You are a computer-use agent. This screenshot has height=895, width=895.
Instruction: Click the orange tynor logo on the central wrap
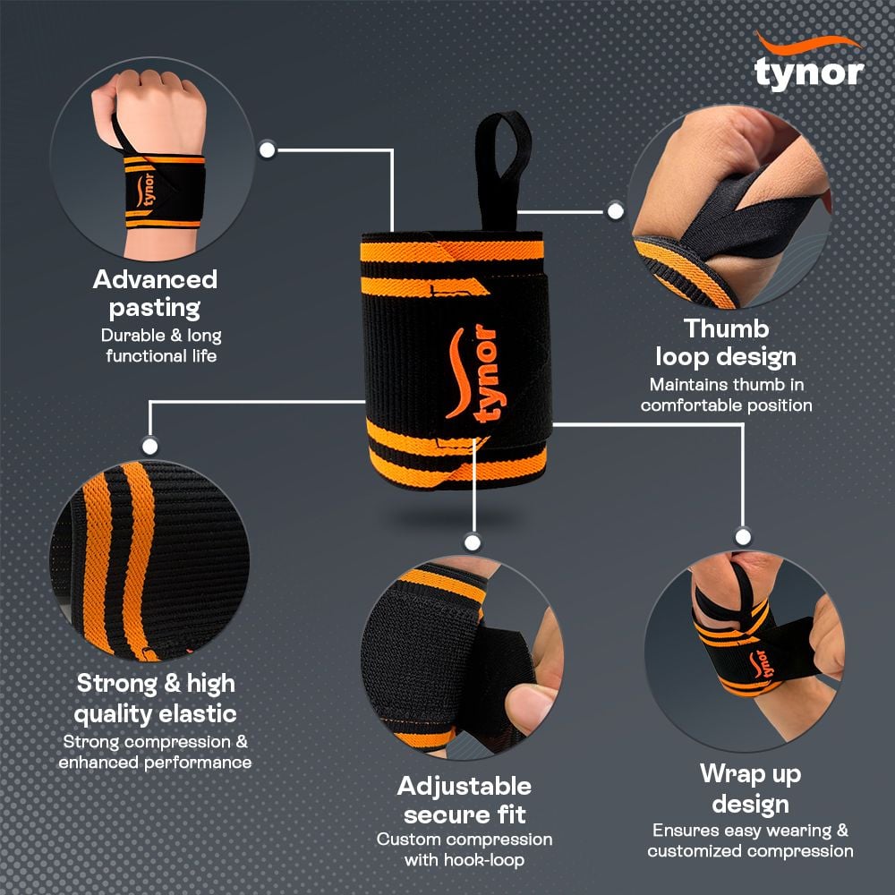coord(473,376)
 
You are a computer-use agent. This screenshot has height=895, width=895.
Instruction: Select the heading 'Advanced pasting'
coord(155,294)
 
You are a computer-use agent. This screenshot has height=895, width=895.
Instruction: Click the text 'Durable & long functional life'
coord(160,345)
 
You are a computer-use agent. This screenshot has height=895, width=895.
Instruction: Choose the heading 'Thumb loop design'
coord(726,342)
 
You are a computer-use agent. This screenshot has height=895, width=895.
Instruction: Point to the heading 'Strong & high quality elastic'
coord(156,698)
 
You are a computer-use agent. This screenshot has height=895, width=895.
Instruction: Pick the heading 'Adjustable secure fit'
coord(465,800)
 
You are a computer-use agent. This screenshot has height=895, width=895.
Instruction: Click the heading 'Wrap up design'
coord(750,788)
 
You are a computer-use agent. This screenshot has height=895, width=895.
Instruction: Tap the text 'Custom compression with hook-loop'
coord(465,849)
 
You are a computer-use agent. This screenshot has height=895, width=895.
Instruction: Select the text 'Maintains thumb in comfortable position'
coord(726,395)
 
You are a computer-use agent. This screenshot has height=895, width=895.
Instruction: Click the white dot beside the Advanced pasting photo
coord(266,149)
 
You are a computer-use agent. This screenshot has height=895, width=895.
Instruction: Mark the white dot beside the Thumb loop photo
coord(615,212)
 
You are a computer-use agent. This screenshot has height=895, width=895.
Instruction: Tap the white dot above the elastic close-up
coord(150,445)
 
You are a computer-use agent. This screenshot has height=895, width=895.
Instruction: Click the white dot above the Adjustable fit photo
coord(473,541)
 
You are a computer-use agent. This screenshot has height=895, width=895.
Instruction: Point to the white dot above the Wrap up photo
coord(743,536)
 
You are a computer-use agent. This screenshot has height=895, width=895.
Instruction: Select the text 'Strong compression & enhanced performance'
coord(155,752)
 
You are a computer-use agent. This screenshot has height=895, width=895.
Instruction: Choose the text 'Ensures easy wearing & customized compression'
coord(750,840)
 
